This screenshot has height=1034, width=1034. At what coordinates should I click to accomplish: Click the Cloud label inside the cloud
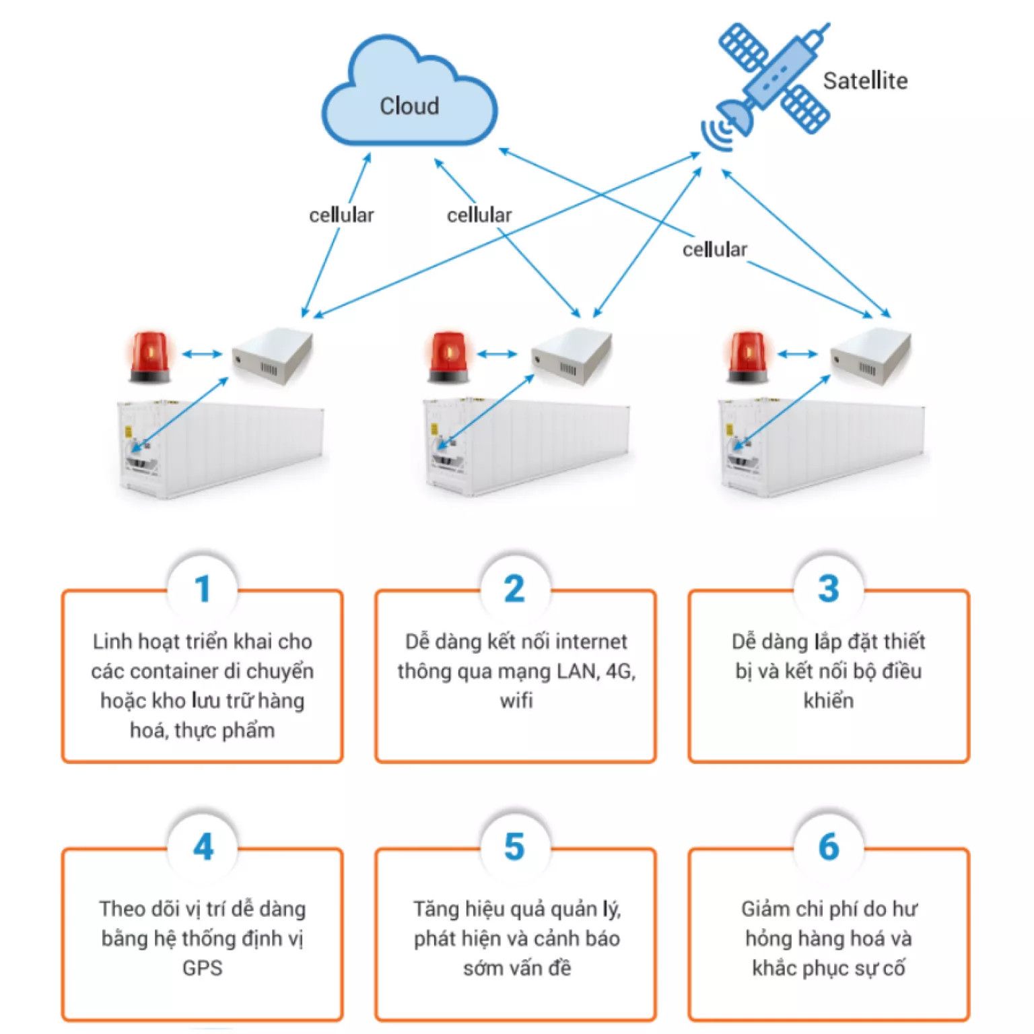coord(409,106)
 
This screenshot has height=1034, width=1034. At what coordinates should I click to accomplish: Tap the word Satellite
coord(865,81)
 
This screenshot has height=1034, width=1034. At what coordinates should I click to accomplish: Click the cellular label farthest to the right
coord(714,250)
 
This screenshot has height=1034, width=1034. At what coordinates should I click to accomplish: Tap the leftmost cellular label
coord(341,215)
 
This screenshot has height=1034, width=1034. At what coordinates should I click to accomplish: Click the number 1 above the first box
coord(203,589)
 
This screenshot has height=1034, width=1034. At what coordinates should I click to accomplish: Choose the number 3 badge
coord(829,589)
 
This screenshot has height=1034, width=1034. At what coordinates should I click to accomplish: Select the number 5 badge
coord(515,847)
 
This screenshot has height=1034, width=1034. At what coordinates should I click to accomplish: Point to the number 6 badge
coord(829,847)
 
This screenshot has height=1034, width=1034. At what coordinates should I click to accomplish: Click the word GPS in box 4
coord(202,968)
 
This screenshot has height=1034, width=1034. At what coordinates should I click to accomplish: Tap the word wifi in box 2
coord(516,701)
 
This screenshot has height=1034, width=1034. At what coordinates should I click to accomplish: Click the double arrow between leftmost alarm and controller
coord(202,354)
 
